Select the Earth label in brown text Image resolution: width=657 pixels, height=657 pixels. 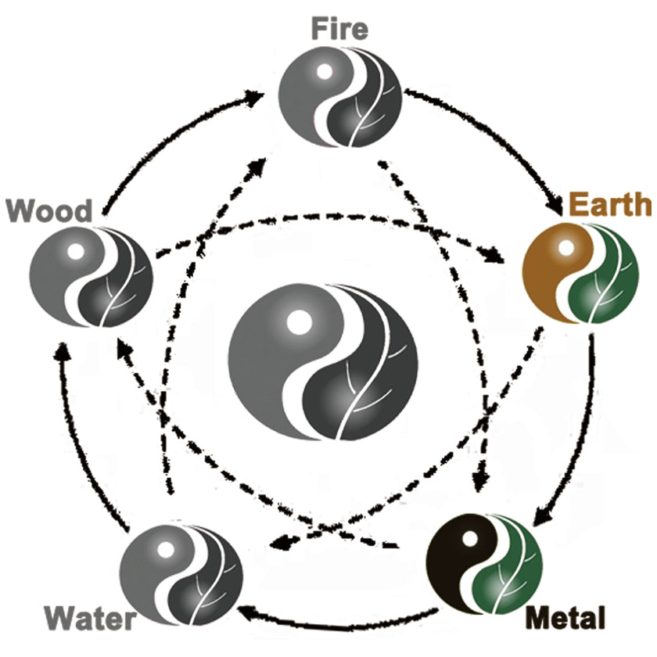[x=610, y=205]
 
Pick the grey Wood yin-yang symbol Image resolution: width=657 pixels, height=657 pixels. [x=91, y=278]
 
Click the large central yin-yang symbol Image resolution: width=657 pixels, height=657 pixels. [x=323, y=361]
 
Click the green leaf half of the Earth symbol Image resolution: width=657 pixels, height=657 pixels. [x=605, y=285]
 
